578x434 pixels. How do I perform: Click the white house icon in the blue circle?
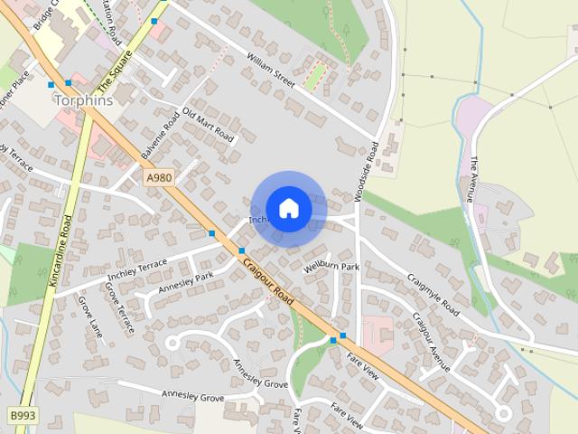coord(288,208)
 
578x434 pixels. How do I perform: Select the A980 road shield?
coord(158,180)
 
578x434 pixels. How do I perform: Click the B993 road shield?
coord(23,415)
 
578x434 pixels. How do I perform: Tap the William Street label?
coord(271,71)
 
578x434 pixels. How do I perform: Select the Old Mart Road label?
coord(208,126)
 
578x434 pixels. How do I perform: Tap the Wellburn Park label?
coord(331,268)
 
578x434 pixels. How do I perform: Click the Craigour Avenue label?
coord(431,342)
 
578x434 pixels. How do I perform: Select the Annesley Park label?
coord(185,283)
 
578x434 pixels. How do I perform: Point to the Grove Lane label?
coord(90,317)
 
